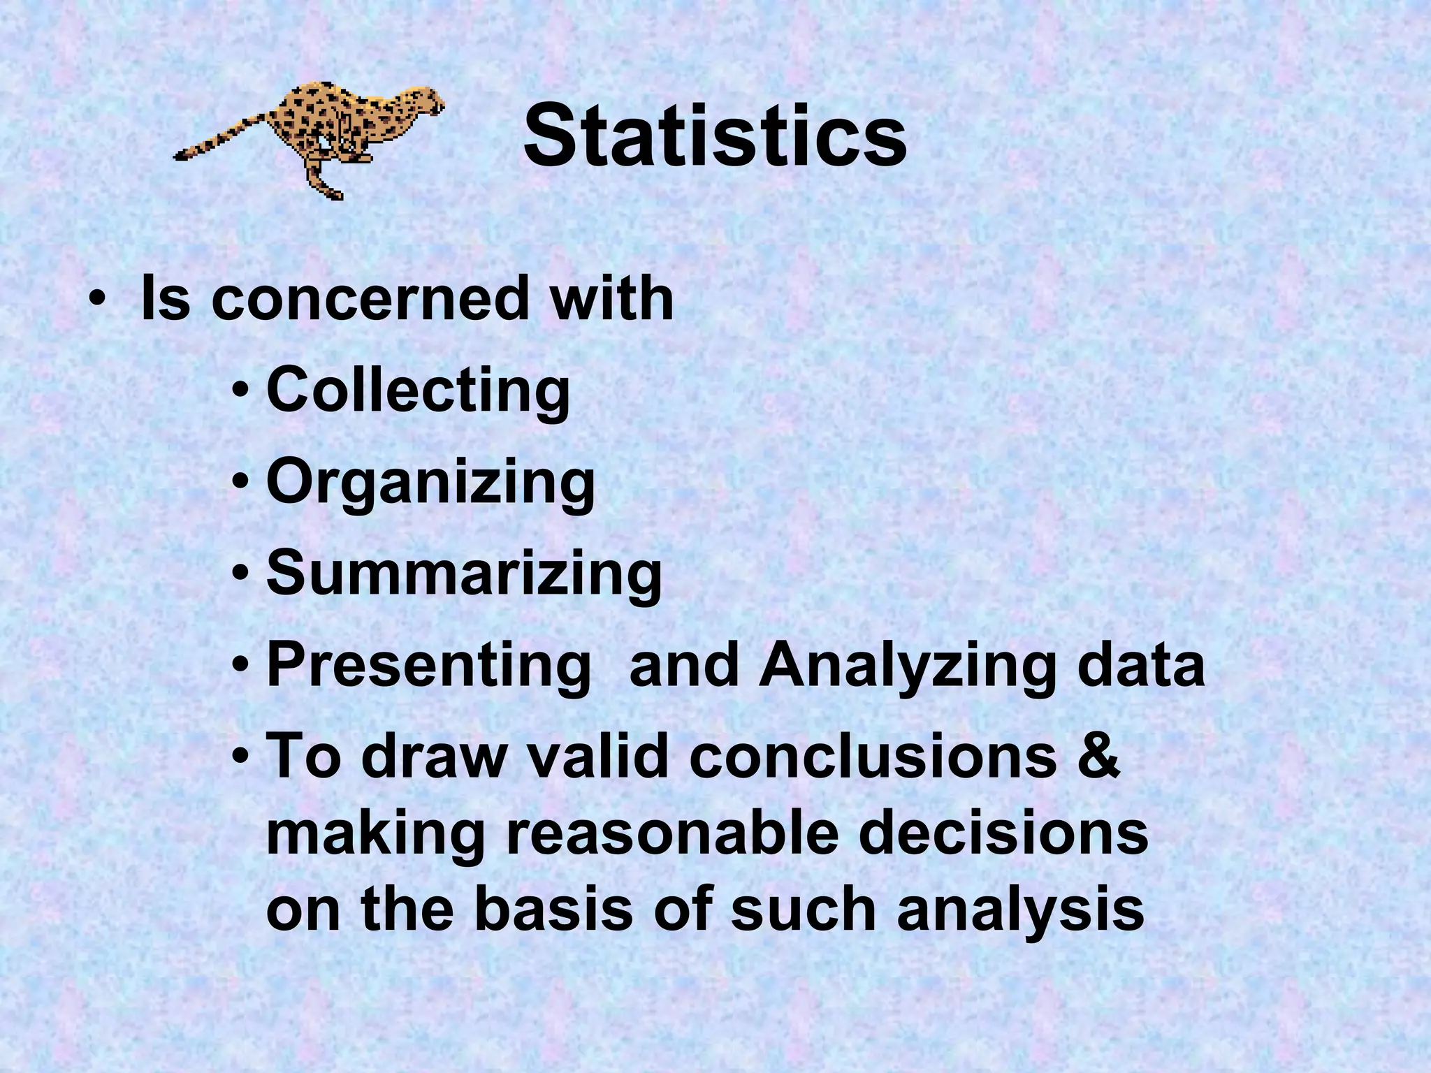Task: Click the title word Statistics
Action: click(715, 136)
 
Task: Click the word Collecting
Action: click(418, 391)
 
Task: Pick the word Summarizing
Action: click(464, 574)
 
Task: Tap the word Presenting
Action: click(428, 666)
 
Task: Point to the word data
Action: click(1141, 665)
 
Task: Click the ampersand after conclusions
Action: click(1098, 756)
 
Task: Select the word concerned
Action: click(370, 299)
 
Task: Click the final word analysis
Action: click(1021, 911)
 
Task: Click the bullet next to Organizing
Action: click(241, 482)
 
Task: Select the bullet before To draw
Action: click(241, 756)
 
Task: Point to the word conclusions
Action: click(873, 756)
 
